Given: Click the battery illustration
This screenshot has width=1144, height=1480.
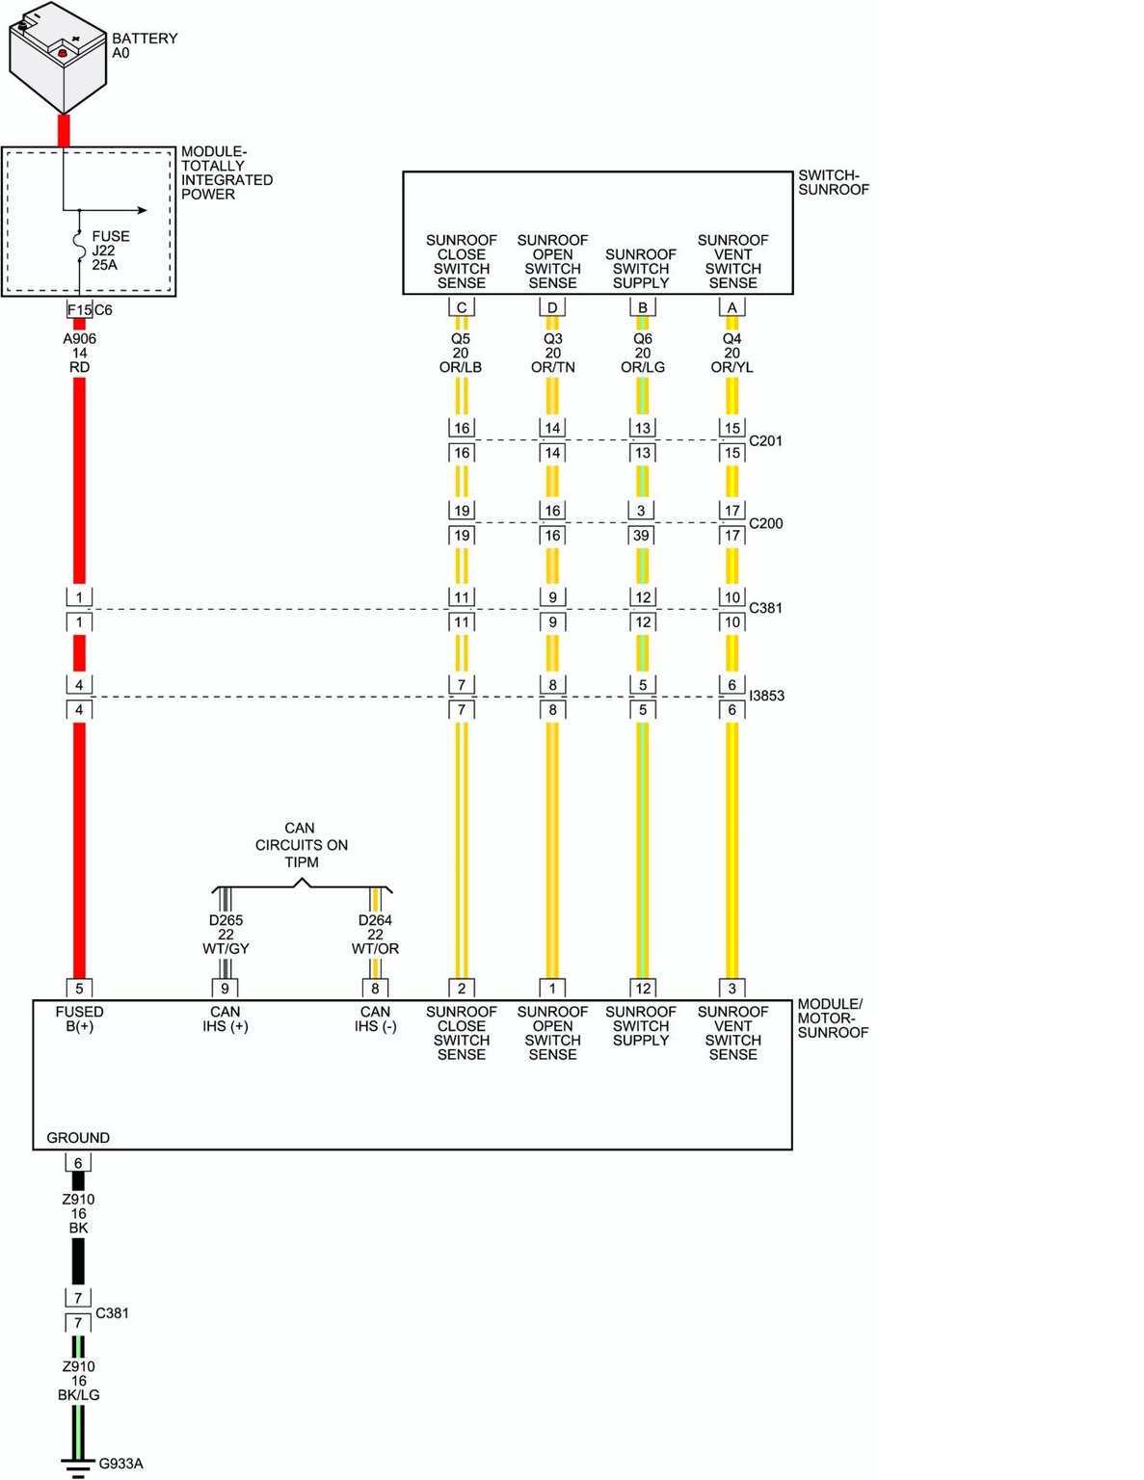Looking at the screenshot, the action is point(58,58).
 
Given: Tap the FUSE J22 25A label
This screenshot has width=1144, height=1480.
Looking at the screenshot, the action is point(110,250).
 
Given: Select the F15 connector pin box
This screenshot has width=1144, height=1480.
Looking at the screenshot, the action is point(79,310).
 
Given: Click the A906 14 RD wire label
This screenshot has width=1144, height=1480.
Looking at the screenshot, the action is point(80,353).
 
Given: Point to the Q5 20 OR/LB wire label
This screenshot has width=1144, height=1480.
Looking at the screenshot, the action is point(461,353).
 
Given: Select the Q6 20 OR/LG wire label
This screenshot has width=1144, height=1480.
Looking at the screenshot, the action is point(642,353).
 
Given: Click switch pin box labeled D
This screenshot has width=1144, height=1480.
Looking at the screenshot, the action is point(552,307).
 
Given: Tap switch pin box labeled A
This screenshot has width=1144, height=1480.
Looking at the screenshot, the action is point(732,307).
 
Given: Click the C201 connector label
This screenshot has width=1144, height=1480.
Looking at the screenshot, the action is point(765,440).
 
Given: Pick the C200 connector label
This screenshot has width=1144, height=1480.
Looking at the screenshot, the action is point(765,523).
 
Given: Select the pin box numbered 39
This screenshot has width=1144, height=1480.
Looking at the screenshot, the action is point(641,536).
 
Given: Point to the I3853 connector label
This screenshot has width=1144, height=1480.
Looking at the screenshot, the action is point(767,696).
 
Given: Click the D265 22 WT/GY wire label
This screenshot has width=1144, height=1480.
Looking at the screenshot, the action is point(226,934).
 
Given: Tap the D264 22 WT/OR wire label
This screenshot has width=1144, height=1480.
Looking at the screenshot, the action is point(375,934).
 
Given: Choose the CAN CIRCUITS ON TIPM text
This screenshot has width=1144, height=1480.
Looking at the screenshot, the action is point(301,845).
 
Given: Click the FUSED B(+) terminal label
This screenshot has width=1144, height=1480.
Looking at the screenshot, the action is point(80,1018).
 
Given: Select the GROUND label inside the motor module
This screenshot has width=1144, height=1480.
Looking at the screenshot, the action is point(78,1137).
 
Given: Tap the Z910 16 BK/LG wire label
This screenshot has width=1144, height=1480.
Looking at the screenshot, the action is point(78,1381).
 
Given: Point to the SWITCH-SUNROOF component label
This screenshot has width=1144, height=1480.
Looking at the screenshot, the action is point(834,182).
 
